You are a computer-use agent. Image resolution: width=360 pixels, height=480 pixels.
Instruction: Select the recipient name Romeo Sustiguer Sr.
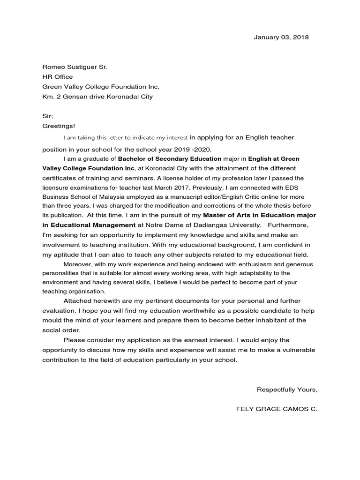coord(75,67)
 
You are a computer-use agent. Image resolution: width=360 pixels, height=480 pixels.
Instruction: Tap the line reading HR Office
coord(58,77)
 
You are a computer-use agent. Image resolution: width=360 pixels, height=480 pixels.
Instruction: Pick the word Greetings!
coord(59,126)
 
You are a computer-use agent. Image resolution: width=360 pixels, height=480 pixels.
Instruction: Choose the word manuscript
coord(192,197)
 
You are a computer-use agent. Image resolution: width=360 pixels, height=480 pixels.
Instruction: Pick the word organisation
coord(88,292)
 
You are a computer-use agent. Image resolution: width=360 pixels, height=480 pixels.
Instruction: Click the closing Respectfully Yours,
coord(287,390)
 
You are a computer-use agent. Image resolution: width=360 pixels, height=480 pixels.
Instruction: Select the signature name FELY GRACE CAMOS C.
coord(277,409)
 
